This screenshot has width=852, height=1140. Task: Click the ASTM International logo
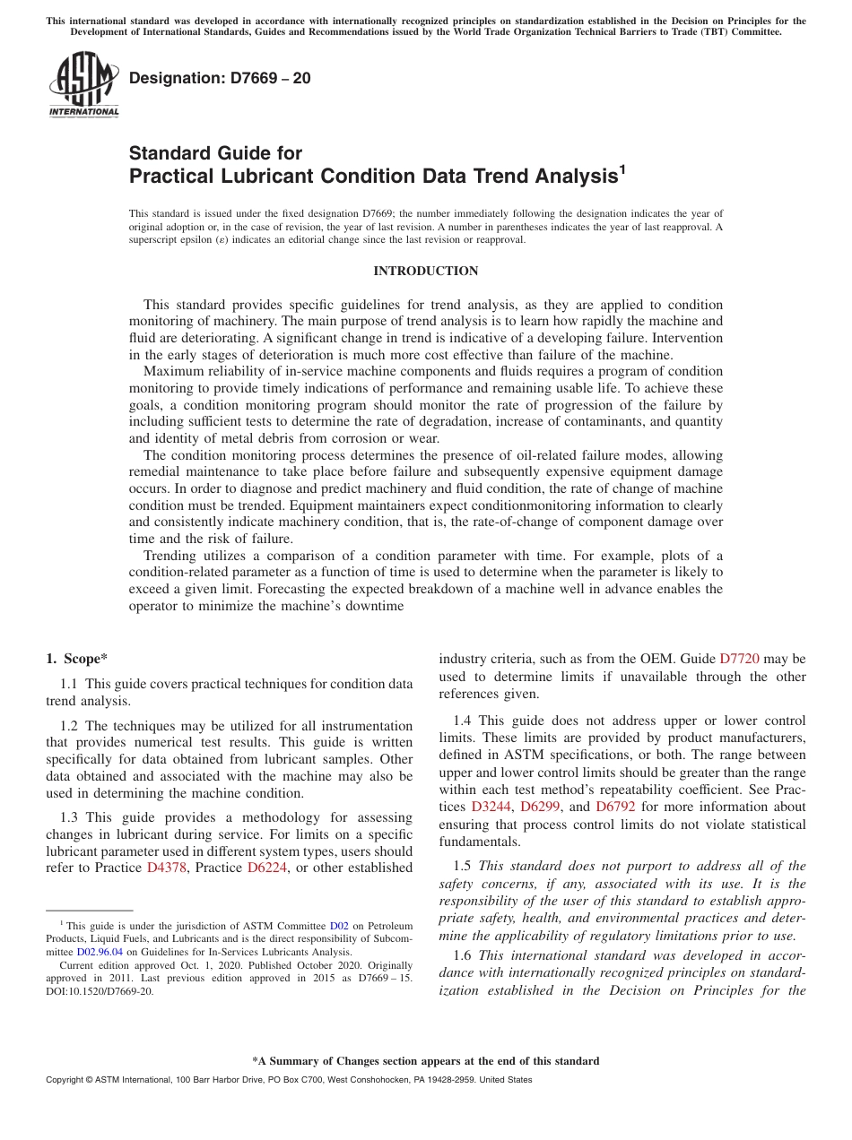coord(83,86)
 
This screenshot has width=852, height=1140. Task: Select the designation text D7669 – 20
coord(220,78)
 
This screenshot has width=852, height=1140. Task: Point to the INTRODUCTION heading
coord(425,271)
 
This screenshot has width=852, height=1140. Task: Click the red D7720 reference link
coord(739,659)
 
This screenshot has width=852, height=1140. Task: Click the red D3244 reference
coord(490,807)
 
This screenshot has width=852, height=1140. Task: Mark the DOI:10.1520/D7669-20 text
coord(100,992)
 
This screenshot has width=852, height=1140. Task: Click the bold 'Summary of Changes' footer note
coord(425,1061)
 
